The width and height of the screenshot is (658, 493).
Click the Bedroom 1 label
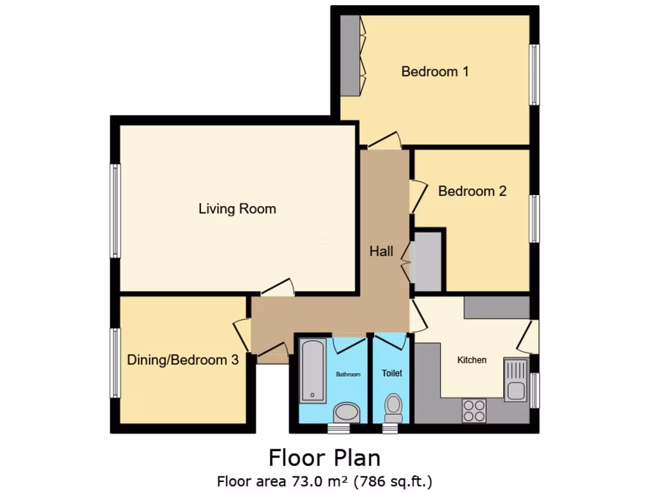coord(434,71)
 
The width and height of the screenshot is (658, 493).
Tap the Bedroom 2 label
coord(472,191)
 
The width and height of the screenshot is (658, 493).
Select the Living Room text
coord(237,209)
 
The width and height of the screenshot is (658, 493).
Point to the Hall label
coord(381,252)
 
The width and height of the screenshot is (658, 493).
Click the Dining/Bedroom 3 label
coord(182,360)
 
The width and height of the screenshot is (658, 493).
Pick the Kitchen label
coord(472,360)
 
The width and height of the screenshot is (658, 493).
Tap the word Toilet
coord(391,372)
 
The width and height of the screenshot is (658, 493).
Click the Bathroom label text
coord(348,374)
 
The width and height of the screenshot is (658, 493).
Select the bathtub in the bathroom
coord(312,371)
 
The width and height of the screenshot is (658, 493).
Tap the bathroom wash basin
coord(348,412)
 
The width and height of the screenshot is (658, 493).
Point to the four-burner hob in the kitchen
coord(474,411)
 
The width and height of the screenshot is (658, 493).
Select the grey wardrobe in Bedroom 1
coord(350,55)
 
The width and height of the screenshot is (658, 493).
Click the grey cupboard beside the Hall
coord(426,261)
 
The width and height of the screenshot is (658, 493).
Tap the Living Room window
coord(115,211)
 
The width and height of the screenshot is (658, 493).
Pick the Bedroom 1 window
coord(534,74)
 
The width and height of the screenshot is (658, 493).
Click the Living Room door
coord(278,290)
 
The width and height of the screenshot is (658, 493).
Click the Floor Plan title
coord(325,458)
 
